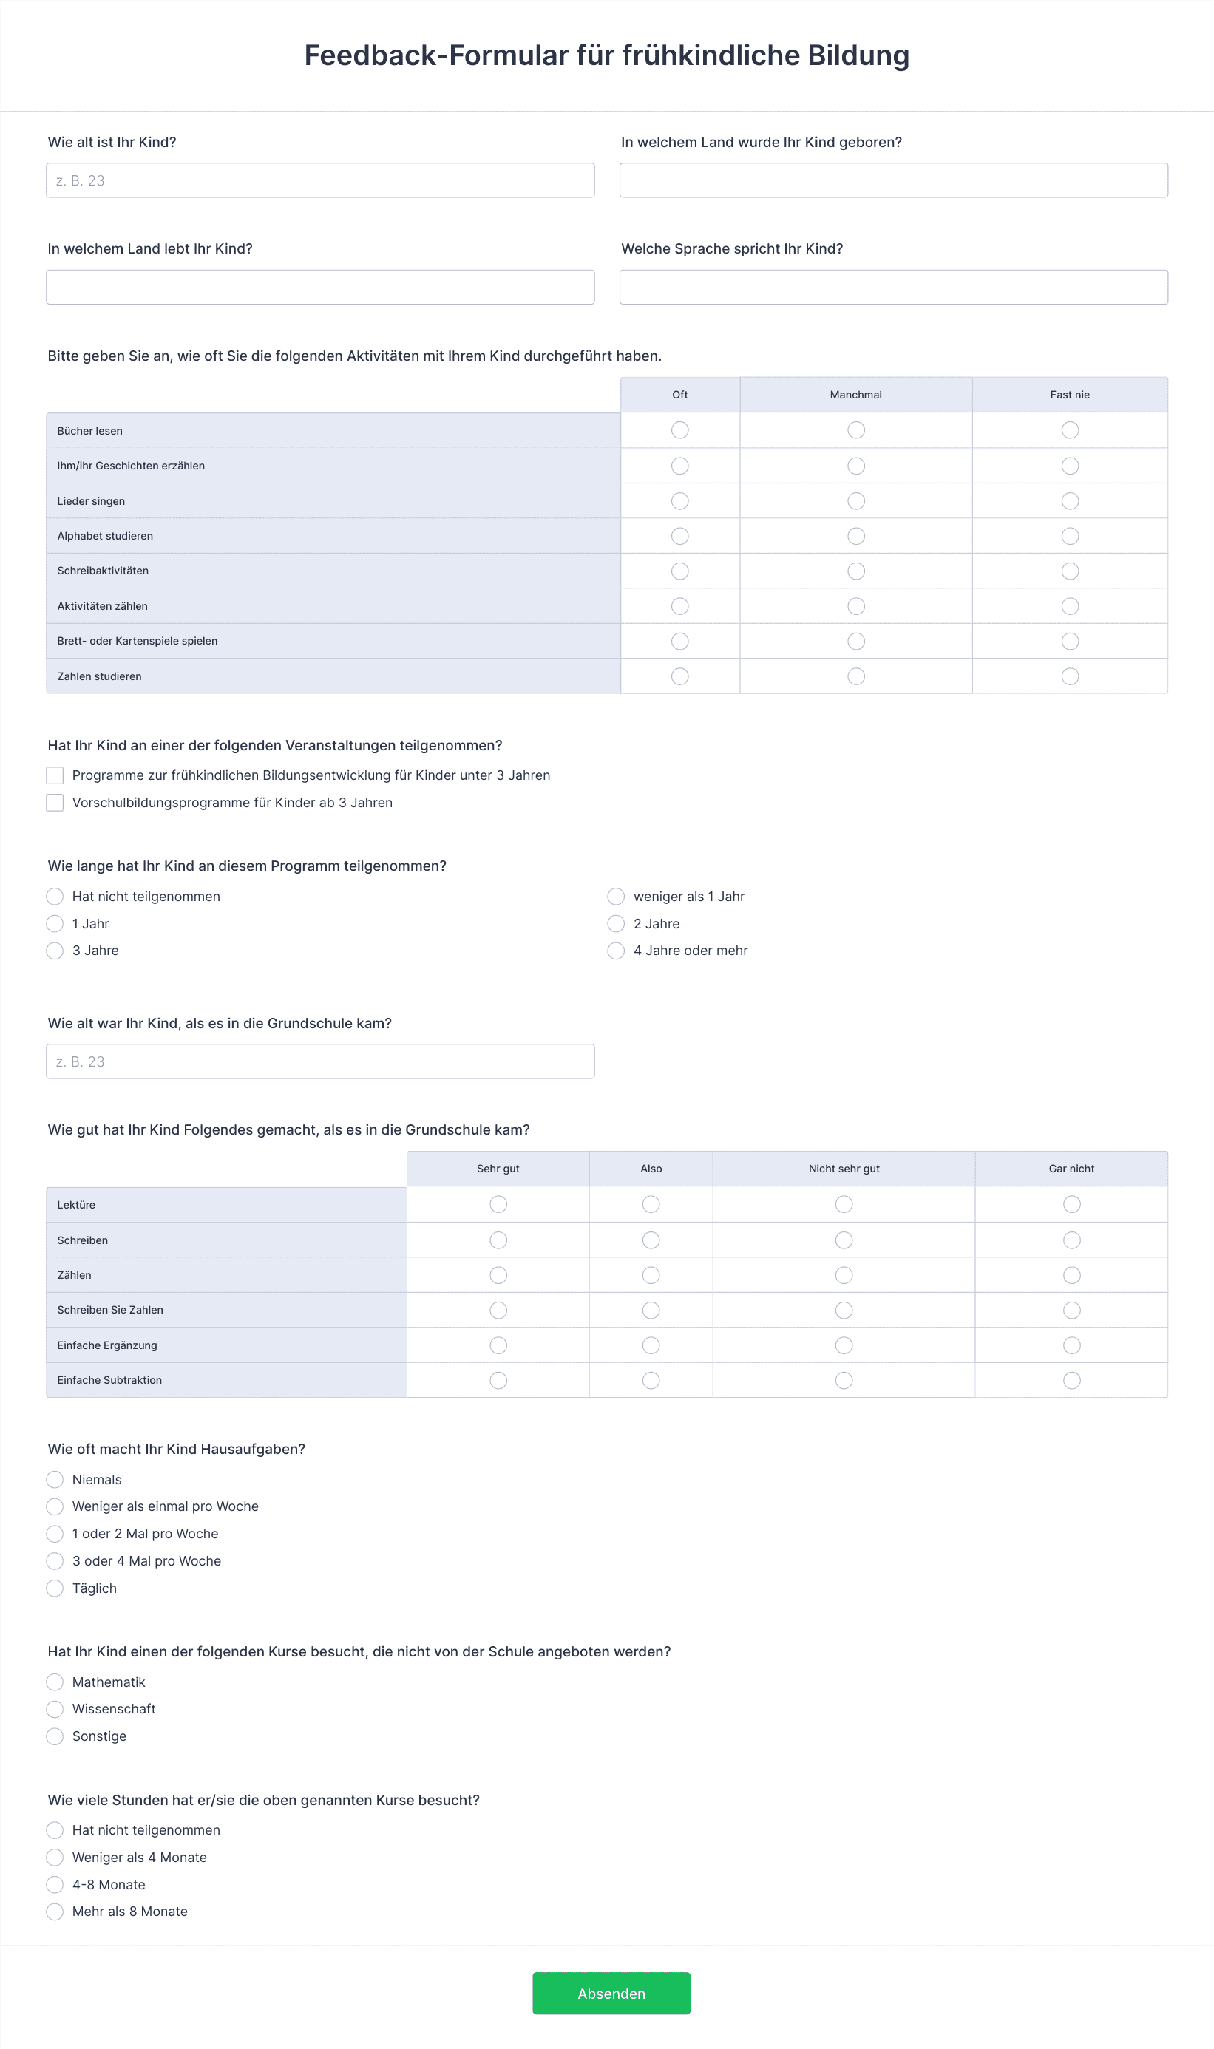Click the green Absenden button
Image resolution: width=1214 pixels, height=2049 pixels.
(611, 1993)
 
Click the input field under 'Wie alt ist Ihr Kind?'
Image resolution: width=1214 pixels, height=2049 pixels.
(320, 180)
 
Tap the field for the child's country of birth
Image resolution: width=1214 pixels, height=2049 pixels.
(893, 180)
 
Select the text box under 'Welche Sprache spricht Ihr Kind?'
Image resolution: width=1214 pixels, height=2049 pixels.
(893, 287)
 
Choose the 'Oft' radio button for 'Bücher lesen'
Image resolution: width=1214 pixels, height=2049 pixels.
(679, 430)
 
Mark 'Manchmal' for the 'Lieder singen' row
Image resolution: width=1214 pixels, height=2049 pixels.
(855, 501)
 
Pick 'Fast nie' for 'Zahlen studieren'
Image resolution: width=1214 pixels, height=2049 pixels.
(1070, 676)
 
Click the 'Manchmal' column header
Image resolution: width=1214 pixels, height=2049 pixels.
(855, 395)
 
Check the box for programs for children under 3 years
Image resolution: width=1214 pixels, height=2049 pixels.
(55, 775)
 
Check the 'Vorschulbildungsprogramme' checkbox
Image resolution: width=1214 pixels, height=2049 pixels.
(55, 803)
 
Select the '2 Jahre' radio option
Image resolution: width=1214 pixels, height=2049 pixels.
(616, 924)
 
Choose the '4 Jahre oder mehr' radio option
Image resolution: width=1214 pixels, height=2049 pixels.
(616, 951)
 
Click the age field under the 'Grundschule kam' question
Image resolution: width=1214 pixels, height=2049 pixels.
(320, 1061)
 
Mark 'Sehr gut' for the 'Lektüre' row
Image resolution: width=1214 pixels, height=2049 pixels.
(498, 1204)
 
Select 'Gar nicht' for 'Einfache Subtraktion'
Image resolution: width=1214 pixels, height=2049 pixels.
(1071, 1380)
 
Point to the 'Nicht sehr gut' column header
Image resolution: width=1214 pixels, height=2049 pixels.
(844, 1169)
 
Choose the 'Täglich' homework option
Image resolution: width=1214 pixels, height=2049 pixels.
(55, 1588)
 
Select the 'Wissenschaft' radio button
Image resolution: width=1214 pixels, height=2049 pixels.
(55, 1709)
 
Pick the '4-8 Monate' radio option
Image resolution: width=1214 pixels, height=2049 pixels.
(55, 1885)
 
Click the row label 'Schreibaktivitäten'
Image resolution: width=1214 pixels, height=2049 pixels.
(103, 571)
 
